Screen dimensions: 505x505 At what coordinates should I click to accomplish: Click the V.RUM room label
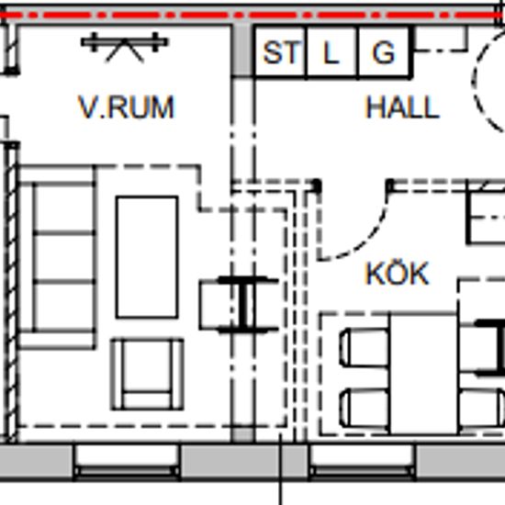coord(127,107)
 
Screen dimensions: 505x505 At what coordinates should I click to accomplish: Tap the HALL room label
coord(402,107)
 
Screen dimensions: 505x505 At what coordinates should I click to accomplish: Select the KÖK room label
coord(398,273)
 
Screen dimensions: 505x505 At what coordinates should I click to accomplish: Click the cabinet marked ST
coord(280,52)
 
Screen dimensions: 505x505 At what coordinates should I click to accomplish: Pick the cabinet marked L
coord(332,52)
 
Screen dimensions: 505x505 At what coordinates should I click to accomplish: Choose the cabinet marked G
coord(384,52)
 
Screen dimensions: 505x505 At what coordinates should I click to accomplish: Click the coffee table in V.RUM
coord(147,257)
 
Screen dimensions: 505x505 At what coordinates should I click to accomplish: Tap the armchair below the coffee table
coord(147,375)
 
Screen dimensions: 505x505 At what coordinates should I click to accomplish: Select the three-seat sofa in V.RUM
coord(57,257)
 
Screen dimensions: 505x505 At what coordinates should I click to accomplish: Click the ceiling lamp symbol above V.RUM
coord(125,46)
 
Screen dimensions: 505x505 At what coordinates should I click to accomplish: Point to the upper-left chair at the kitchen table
coord(365,347)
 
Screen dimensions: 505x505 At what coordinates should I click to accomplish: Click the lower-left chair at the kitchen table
coord(365,408)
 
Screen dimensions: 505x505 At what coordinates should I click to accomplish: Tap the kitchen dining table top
coord(423,374)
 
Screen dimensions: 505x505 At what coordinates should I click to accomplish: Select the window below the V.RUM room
coord(127,462)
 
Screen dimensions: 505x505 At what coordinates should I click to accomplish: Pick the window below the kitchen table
coord(362,462)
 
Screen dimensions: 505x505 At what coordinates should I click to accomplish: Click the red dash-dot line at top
coord(252,15)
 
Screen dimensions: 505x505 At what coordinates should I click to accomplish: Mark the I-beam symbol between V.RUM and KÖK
coord(247,305)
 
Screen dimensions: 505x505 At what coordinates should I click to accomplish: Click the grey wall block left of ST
coord(242,50)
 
